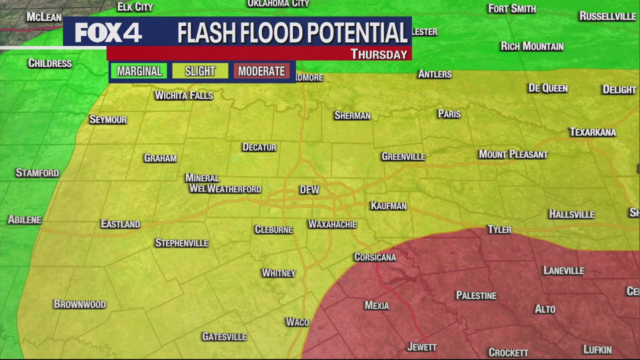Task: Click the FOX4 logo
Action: coord(108,33)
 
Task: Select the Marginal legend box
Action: coord(139,71)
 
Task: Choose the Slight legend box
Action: coord(200,71)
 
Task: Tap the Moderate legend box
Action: coord(261,71)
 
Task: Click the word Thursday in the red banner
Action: coord(379,54)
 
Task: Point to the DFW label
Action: coord(309,190)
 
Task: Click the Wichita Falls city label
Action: coord(183,95)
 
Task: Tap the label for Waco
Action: coord(297,322)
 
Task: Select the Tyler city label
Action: coord(499,229)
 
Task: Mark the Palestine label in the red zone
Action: coord(476,295)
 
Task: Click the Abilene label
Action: coord(24,219)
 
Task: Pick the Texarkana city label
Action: coord(592,132)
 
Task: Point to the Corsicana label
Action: coord(375,257)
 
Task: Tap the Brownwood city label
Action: coord(79,304)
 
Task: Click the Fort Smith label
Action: coord(512,8)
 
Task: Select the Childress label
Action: coord(50,63)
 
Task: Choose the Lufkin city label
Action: coord(597,349)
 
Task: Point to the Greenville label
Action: coord(403,156)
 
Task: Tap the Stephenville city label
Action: coord(181,243)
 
